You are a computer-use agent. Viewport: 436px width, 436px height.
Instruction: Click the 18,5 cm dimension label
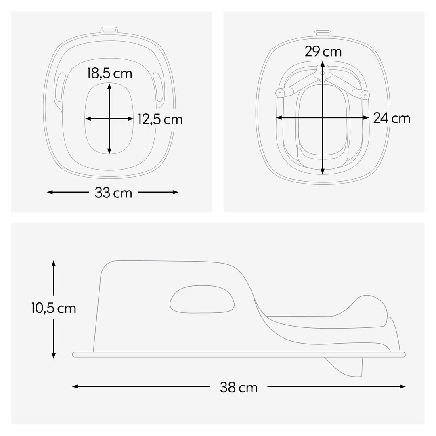[x=109, y=73]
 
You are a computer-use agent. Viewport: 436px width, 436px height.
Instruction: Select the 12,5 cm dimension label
[x=160, y=119]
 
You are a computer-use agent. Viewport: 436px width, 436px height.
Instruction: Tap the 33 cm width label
[x=113, y=193]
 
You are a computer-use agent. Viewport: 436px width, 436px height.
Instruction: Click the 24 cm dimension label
[x=392, y=118]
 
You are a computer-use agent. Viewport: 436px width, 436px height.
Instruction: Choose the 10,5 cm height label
[x=54, y=308]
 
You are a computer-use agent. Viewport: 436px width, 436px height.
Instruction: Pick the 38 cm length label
[x=239, y=387]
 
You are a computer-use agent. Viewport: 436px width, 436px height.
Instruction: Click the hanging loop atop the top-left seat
[x=108, y=30]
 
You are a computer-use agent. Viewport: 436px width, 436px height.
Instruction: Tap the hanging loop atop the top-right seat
[x=322, y=34]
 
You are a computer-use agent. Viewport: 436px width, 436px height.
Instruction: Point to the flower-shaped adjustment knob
[x=322, y=73]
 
